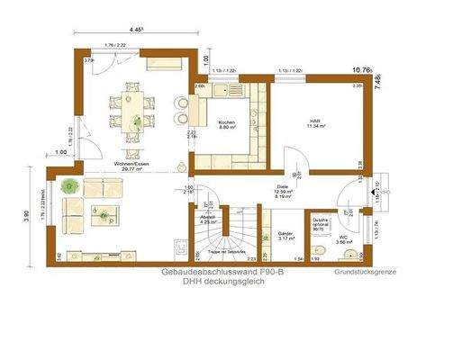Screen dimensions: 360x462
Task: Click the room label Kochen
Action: click(227, 121)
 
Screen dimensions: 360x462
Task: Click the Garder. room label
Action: click(285, 231)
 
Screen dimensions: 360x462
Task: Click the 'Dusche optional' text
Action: click(319, 221)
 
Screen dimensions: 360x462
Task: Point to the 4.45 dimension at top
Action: click(137, 30)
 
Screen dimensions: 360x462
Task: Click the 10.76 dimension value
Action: click(361, 67)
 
